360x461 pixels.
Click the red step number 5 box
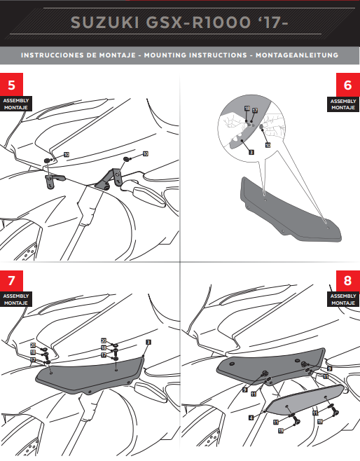click(11, 85)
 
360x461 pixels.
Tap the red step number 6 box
click(348, 85)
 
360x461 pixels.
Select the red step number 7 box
click(11, 281)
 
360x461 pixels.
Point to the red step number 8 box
click(348, 281)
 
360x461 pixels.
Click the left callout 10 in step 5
click(67, 154)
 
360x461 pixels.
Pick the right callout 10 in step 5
click(146, 153)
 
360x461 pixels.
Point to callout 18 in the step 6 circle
click(247, 109)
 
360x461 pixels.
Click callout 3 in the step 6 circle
click(250, 151)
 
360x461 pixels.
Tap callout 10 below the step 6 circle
click(268, 145)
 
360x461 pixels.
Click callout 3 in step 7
click(148, 341)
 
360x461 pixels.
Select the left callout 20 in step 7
click(33, 345)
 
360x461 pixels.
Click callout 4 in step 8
click(251, 417)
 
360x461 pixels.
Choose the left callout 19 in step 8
click(281, 431)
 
